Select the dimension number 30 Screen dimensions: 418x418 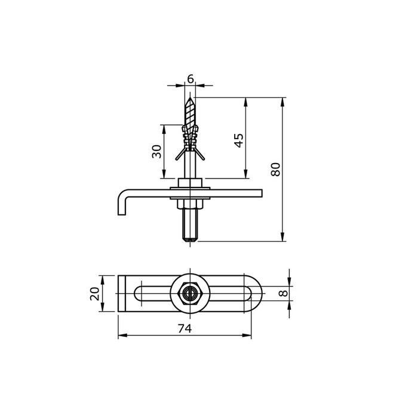[x=157, y=152]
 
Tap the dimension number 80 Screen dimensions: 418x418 [x=275, y=170]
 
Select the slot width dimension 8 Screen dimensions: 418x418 [x=284, y=293]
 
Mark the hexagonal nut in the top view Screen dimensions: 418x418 [x=190, y=293]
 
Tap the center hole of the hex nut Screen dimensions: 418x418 [x=190, y=293]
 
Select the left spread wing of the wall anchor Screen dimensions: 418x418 [x=179, y=156]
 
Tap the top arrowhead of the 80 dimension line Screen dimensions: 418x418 [x=282, y=100]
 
